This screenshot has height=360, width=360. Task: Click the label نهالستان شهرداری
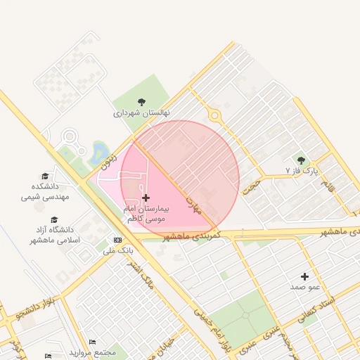coord(141,112)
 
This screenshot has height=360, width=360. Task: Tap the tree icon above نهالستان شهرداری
coord(141,102)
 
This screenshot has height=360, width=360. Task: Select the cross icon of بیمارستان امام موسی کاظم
coord(146,198)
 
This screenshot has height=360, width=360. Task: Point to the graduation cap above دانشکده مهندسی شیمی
coord(45,176)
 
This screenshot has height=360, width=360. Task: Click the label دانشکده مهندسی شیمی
coord(45,191)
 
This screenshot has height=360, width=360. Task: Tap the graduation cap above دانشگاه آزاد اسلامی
coord(55,219)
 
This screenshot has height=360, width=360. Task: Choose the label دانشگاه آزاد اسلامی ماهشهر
coord(55,235)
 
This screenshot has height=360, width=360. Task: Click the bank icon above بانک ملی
coord(117,240)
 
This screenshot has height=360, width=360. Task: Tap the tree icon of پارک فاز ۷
coord(302,161)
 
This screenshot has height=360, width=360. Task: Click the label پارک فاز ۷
coord(302,171)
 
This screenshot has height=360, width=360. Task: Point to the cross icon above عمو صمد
coord(304,276)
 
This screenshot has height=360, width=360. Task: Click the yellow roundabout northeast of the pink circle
coord(214,117)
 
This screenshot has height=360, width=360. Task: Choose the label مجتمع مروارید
coord(92,352)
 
